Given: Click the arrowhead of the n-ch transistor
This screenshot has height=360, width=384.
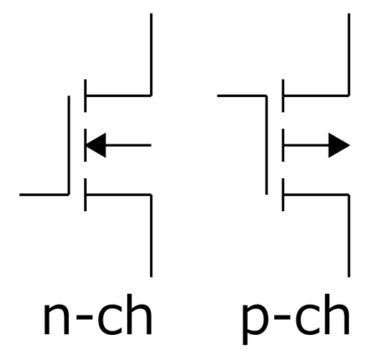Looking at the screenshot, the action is point(96,145).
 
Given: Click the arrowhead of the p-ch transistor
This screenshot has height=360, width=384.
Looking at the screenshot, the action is point(339,145).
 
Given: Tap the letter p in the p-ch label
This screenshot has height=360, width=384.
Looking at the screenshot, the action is point(255,323).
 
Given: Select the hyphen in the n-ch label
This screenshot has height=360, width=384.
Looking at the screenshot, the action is point(85,317).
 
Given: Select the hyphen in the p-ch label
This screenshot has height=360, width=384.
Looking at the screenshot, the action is point(282,317).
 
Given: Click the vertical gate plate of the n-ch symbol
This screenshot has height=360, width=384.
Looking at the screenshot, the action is point(69,145).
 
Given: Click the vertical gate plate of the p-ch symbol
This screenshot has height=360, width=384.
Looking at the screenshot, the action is point(266,145).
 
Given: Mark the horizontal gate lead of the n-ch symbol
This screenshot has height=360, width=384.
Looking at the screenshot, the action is point(44,195).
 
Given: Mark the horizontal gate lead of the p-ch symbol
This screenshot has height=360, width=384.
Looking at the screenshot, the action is point(242,96).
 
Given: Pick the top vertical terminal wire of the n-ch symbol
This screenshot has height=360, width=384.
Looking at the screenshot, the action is point(151,55).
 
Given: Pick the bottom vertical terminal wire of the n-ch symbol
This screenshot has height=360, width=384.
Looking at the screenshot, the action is point(151,236).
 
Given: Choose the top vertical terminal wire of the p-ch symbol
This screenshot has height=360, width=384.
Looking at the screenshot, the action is point(349,55).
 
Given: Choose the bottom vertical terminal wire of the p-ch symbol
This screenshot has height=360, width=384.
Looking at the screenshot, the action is point(349,236).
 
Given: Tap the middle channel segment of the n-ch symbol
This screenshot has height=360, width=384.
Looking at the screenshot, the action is point(85,145).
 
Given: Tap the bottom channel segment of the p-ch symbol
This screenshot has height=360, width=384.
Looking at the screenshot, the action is point(283,195).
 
